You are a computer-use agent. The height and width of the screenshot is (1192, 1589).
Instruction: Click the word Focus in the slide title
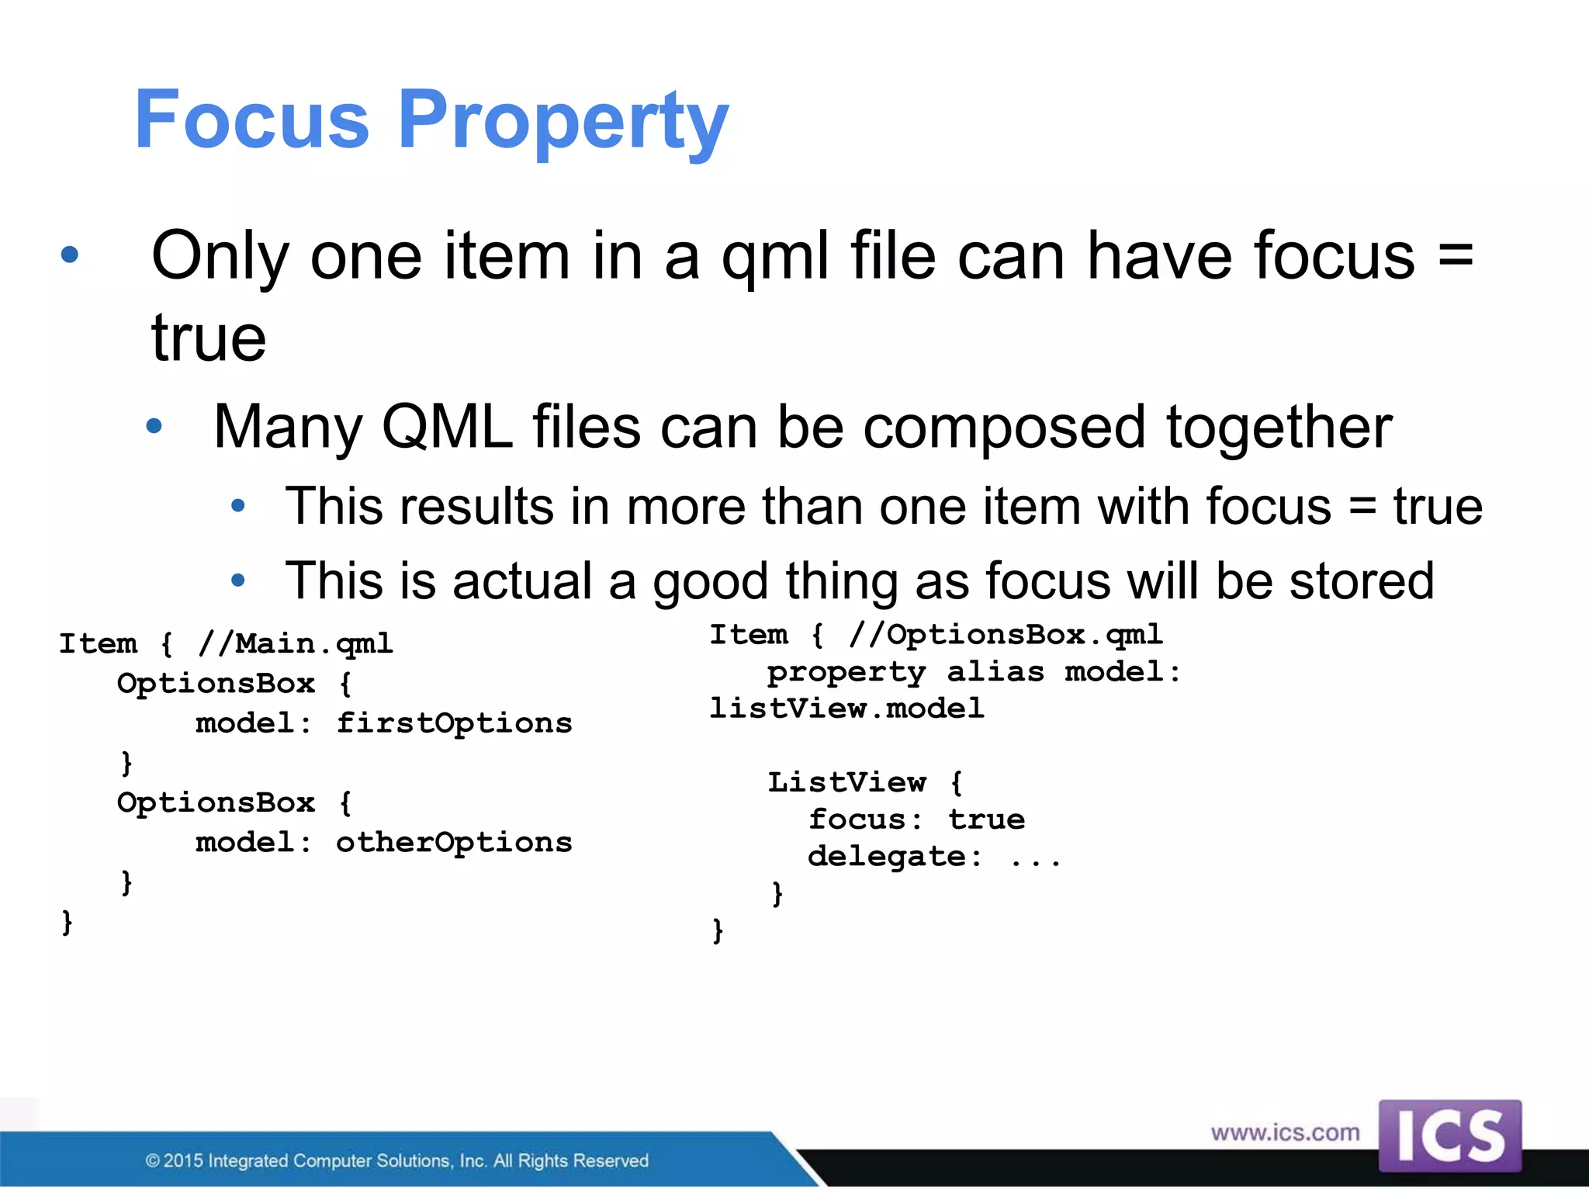coord(251,120)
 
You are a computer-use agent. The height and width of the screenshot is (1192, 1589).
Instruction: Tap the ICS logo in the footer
coord(1449,1135)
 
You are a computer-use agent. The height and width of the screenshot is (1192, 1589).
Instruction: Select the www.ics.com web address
coord(1285,1132)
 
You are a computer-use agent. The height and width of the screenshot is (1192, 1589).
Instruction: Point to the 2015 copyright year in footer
coord(183,1161)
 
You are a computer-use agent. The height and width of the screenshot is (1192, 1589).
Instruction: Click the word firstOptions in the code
coord(454,723)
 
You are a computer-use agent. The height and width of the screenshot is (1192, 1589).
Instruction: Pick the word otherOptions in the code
coord(454,842)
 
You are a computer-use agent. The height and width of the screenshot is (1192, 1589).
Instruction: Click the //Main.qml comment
coord(296,644)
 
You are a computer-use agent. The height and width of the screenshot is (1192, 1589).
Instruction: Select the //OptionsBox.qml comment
coord(1006,636)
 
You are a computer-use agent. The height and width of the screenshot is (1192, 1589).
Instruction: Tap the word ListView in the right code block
coord(846,782)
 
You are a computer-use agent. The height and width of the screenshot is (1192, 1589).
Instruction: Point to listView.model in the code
coord(846,709)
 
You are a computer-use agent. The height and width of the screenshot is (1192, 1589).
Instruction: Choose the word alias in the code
coord(995,672)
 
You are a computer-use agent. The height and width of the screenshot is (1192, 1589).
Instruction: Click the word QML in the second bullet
coord(447,427)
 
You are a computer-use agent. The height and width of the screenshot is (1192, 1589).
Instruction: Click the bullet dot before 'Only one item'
coord(70,255)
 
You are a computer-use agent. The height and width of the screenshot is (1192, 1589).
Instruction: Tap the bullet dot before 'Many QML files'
coord(154,425)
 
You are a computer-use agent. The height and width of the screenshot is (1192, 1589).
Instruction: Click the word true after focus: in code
coord(986,819)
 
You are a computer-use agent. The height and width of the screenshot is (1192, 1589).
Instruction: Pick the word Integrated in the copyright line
coord(248,1161)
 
